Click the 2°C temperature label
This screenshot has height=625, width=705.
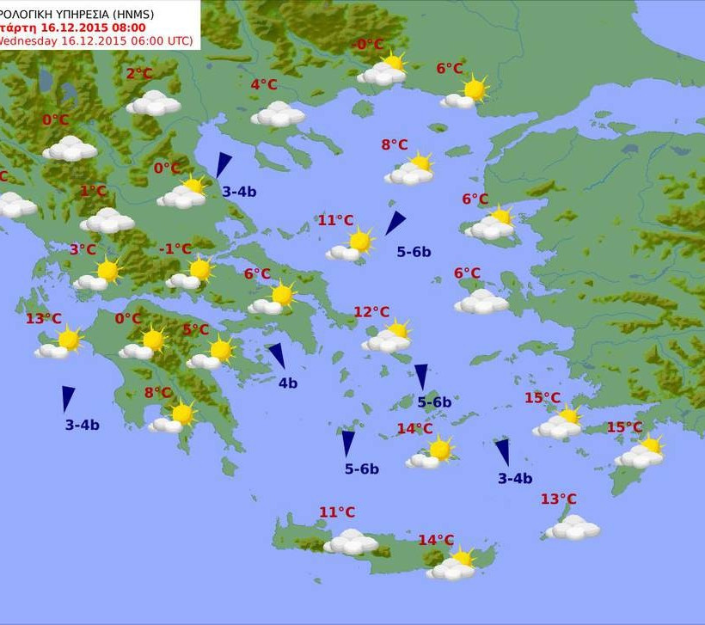[x=139, y=74]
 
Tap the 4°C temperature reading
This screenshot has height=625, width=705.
[x=264, y=84]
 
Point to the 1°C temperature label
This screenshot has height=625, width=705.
[x=94, y=191]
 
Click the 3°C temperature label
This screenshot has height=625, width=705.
[x=83, y=249]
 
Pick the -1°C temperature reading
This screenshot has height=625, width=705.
[x=175, y=249]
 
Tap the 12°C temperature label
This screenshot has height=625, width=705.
[x=371, y=312]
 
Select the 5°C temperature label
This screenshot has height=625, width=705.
[x=196, y=330]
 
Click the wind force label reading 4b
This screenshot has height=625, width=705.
[x=287, y=383]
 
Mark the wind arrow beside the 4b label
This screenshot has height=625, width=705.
[x=276, y=355]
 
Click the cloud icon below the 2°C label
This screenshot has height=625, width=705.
[x=154, y=103]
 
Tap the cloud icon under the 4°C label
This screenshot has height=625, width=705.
[x=278, y=114]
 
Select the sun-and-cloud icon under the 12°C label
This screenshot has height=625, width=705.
[x=388, y=338]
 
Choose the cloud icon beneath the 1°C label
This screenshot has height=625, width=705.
[x=107, y=221]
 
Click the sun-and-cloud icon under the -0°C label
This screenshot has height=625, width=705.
[x=383, y=70]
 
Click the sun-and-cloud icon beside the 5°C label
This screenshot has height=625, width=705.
[x=212, y=353]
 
